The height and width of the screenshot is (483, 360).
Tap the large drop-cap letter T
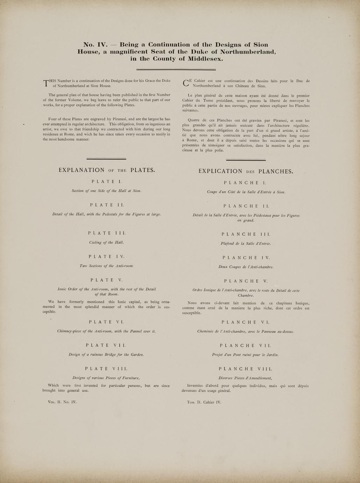tap(45, 83)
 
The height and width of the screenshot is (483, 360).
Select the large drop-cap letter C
tap(186, 83)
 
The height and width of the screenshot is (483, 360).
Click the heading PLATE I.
tap(106, 181)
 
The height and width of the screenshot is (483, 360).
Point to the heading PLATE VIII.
tap(106, 369)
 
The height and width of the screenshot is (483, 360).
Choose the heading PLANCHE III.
tap(246, 234)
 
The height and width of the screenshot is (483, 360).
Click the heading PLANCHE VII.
tap(246, 345)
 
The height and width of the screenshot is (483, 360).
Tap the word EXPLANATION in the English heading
tap(82, 170)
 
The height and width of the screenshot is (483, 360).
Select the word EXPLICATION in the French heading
tap(220, 171)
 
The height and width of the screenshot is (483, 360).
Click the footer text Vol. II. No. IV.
tap(62, 402)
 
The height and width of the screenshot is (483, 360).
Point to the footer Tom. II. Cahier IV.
tap(204, 402)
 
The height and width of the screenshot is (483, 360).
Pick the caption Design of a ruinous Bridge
tap(106, 355)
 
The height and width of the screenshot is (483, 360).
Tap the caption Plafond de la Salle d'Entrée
tap(246, 243)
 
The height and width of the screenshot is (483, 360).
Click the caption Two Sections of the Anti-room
tap(106, 266)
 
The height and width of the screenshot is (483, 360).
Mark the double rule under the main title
tap(176, 69)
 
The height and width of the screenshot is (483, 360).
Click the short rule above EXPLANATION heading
tap(106, 159)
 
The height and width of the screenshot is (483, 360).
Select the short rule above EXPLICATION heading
tap(246, 160)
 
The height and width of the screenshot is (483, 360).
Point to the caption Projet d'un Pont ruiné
tap(246, 355)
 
